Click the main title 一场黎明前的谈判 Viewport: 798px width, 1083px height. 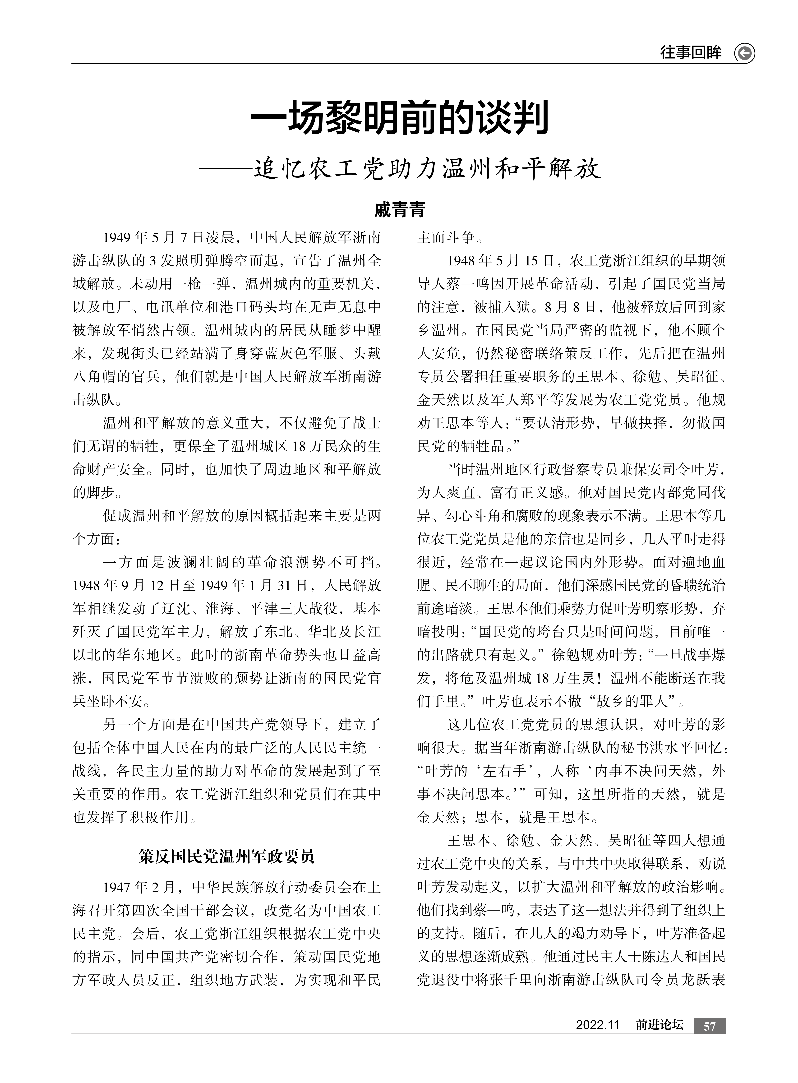(399, 118)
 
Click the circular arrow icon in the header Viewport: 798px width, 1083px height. (744, 53)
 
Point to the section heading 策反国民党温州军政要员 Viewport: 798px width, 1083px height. (226, 856)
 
